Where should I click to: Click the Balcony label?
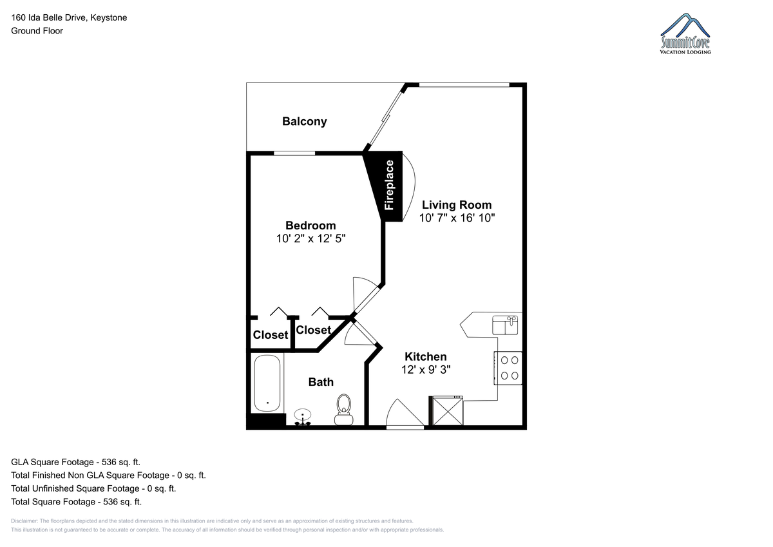pyautogui.click(x=304, y=122)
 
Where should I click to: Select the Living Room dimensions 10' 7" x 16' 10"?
pyautogui.click(x=457, y=218)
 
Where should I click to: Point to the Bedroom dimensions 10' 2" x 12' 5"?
pyautogui.click(x=310, y=238)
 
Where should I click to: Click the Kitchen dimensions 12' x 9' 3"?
pyautogui.click(x=426, y=370)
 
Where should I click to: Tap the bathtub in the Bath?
pyautogui.click(x=267, y=383)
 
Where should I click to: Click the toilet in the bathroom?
pyautogui.click(x=344, y=410)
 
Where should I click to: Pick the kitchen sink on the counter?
pyautogui.click(x=505, y=325)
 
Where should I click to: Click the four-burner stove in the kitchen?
pyautogui.click(x=508, y=368)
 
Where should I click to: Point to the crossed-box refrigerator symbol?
pyautogui.click(x=448, y=411)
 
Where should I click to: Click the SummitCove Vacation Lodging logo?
pyautogui.click(x=685, y=34)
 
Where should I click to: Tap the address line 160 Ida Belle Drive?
pyautogui.click(x=69, y=17)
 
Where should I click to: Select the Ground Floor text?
pyautogui.click(x=37, y=31)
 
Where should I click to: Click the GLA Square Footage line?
pyautogui.click(x=75, y=462)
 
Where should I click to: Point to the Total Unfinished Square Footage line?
pyautogui.click(x=93, y=488)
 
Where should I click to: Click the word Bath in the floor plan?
pyautogui.click(x=321, y=382)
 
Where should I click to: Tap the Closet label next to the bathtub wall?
pyautogui.click(x=271, y=335)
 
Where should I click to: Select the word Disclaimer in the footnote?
pyautogui.click(x=24, y=521)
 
